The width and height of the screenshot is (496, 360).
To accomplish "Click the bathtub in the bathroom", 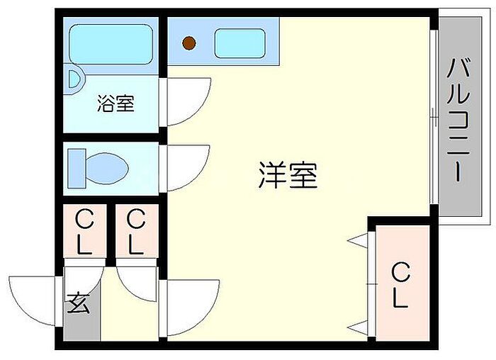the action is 111,44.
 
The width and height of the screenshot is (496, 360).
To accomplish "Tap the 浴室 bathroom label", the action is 115,103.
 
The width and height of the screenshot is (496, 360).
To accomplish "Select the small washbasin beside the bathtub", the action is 74,79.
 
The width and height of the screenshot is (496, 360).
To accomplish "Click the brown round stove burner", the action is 189,43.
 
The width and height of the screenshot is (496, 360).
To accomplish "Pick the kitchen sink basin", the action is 239,43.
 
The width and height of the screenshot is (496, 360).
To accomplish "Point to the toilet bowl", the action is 107,168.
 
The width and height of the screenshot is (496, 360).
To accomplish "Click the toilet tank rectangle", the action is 77,168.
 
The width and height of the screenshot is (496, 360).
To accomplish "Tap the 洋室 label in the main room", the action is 288,175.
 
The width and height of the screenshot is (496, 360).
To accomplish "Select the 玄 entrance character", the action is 79,303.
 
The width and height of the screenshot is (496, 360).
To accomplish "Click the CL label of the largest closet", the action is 400,286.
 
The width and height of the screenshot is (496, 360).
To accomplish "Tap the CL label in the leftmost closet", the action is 84,232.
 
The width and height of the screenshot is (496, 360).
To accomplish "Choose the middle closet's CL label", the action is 136,232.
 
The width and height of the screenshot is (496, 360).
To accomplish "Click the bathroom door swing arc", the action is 189,101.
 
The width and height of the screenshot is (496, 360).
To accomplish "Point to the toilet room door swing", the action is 188,168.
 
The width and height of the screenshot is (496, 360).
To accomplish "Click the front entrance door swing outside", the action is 32,301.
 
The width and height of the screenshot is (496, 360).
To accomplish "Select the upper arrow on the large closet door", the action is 357,241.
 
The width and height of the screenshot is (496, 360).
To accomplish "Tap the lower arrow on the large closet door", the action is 357,328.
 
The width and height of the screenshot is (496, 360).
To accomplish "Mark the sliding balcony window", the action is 434,117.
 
